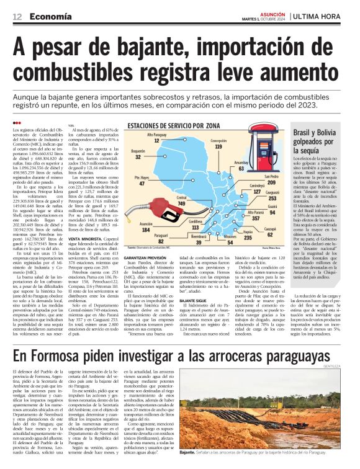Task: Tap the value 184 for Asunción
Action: pyautogui.click(x=146, y=230)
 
